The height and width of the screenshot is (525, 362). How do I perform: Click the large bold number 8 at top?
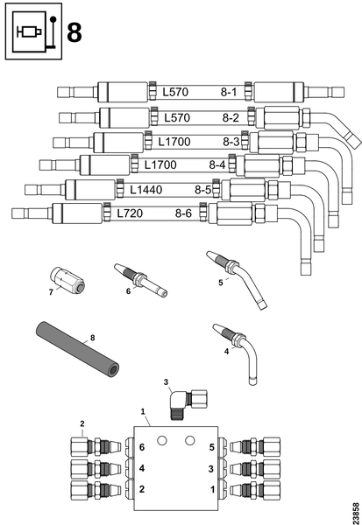click(75, 32)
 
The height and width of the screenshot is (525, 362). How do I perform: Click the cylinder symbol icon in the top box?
click(29, 31)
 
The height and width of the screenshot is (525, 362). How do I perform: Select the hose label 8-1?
click(229, 92)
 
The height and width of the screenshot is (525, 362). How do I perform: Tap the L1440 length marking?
click(146, 190)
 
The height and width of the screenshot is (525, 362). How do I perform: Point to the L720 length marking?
click(130, 213)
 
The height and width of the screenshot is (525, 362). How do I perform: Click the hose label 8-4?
click(217, 164)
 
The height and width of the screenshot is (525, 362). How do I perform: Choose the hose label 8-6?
click(183, 213)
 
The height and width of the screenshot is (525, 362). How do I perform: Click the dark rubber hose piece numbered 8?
click(77, 348)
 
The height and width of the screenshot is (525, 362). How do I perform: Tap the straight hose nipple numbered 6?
click(140, 280)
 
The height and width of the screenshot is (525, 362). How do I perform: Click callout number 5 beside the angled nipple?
click(220, 283)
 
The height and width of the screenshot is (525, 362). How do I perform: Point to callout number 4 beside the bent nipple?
click(226, 351)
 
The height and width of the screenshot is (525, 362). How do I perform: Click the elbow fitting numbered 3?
click(188, 403)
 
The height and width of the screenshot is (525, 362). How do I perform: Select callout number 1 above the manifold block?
click(143, 411)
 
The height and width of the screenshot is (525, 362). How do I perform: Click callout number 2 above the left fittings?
click(82, 423)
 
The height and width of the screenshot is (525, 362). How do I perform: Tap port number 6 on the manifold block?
click(142, 447)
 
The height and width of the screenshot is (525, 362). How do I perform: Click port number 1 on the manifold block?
click(212, 489)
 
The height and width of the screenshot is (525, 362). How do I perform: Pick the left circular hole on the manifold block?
click(161, 441)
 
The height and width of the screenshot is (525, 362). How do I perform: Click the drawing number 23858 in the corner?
click(356, 512)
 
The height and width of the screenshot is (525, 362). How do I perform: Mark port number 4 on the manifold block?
click(142, 468)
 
